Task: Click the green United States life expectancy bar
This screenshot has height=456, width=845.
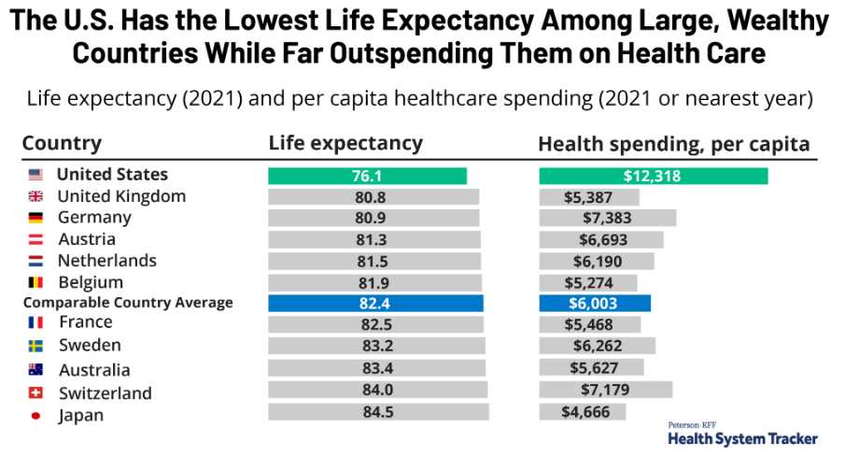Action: pos(367,176)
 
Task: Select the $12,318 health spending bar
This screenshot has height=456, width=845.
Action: pos(654,176)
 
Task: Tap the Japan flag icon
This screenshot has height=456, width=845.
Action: pos(35,416)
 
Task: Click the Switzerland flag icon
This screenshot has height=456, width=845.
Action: pos(35,393)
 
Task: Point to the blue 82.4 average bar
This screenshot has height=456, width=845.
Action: pos(375,304)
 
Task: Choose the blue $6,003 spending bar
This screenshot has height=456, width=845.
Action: pos(595,304)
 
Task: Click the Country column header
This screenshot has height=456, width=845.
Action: pos(62,144)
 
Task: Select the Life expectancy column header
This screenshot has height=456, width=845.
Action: pos(345,144)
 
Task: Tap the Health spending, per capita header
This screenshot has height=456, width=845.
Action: pos(673,145)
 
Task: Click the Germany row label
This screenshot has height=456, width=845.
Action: pos(94,218)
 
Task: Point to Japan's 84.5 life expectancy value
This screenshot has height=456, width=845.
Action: pos(378,412)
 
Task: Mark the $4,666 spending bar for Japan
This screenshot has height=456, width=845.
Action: pos(583,412)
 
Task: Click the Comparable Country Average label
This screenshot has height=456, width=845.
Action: pos(128,303)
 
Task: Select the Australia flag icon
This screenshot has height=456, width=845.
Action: pos(35,370)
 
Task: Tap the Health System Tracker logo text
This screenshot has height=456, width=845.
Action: pos(742,438)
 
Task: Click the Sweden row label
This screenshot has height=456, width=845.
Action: pos(90,345)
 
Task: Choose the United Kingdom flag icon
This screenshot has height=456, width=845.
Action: pos(35,196)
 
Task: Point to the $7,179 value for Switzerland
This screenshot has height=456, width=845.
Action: pos(605,390)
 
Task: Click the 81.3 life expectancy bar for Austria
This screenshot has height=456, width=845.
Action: pos(374,239)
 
